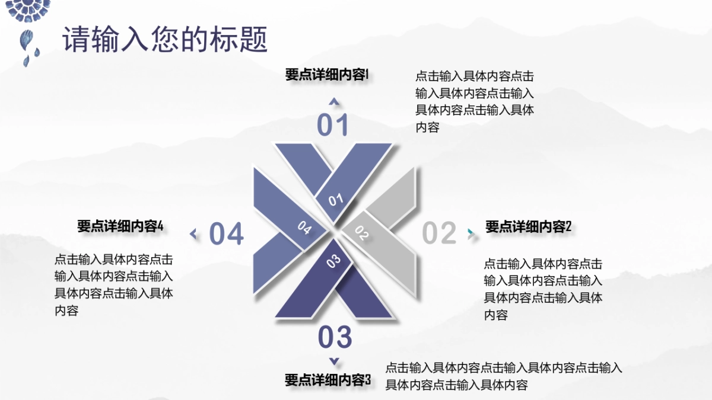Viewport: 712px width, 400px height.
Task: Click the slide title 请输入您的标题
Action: pos(166,40)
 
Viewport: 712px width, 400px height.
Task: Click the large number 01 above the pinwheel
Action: pos(333,126)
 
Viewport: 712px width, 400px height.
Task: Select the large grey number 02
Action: pos(439,233)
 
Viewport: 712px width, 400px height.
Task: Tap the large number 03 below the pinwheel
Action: pos(335,337)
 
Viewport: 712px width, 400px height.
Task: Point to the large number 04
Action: pos(227,234)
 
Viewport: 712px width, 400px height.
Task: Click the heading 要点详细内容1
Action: pos(327,75)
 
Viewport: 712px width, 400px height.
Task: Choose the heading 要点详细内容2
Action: pos(528,227)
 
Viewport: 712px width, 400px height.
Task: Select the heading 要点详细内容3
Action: pos(328,380)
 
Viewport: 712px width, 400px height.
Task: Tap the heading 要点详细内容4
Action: pos(120,226)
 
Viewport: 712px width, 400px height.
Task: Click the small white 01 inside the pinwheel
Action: pos(336,200)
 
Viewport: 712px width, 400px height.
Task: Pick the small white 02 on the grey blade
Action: pos(362,233)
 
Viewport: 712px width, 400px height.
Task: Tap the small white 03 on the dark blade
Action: pos(333,260)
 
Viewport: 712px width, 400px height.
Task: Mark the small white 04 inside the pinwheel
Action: pos(304,228)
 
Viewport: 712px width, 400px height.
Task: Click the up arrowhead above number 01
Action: pos(334,102)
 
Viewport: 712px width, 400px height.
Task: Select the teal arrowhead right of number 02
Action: pos(472,233)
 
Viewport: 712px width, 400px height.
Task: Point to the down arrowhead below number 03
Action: pos(334,361)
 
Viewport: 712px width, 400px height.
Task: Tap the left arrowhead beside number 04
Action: pos(193,234)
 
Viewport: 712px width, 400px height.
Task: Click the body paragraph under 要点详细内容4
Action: pos(114,284)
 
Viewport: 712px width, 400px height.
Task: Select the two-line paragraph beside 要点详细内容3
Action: pos(504,376)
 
